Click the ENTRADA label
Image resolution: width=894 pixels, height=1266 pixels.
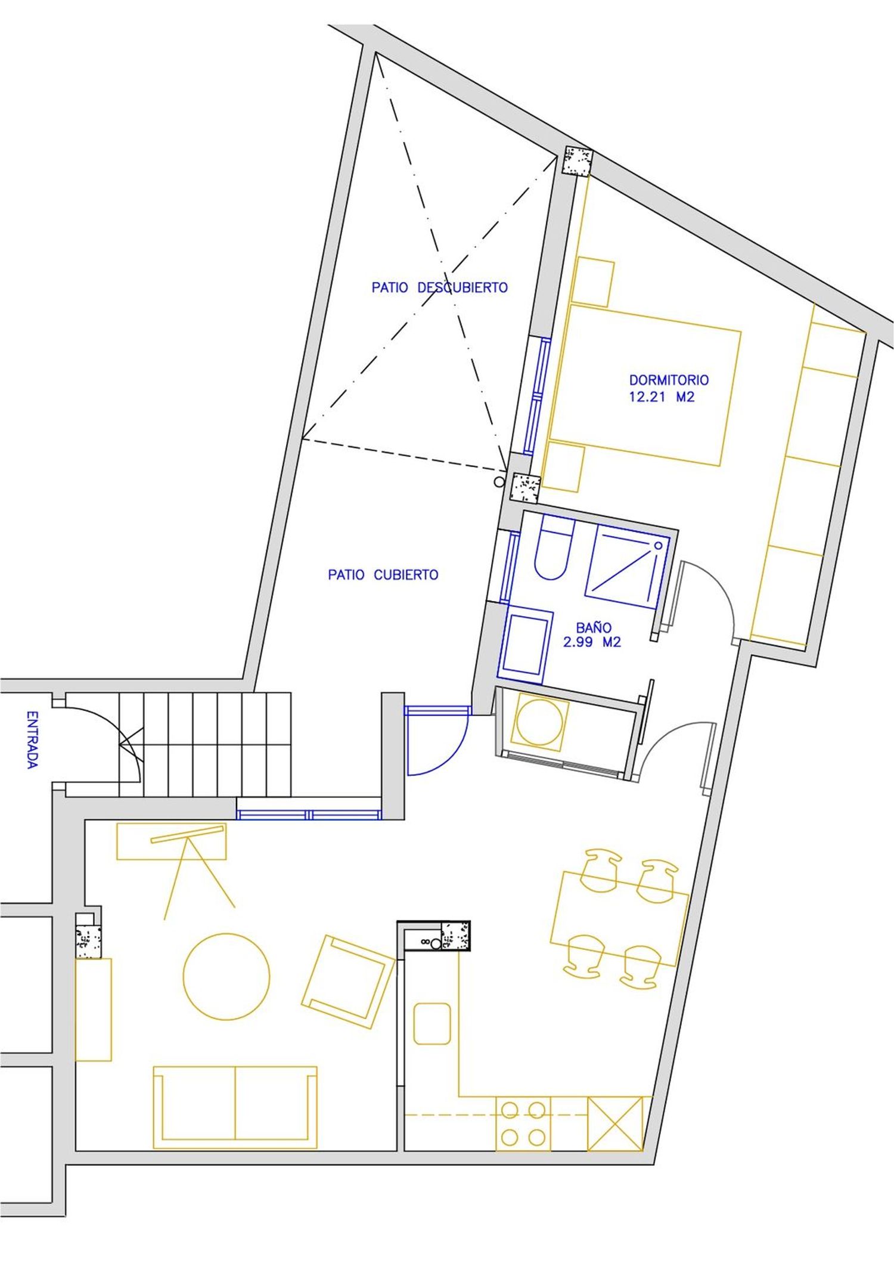[33, 739]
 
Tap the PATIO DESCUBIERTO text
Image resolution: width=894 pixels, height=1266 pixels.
[440, 287]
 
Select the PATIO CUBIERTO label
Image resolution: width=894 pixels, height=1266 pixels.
[383, 575]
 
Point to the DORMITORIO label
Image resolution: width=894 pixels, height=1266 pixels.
[669, 379]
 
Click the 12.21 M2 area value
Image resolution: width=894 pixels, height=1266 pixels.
[662, 397]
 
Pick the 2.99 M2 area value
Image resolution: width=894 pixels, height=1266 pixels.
[592, 642]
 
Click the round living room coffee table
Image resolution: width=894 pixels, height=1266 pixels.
[226, 976]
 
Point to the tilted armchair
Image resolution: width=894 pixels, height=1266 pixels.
[349, 982]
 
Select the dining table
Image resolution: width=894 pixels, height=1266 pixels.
[619, 919]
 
